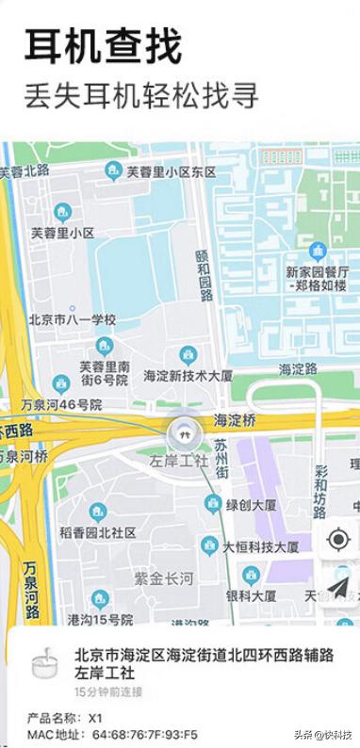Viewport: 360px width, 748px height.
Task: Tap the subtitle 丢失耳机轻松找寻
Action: [x=140, y=95]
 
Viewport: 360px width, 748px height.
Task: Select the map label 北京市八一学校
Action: [x=72, y=320]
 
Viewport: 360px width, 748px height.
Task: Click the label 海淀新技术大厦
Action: [x=188, y=375]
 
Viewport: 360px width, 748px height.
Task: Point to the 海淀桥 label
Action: [x=235, y=419]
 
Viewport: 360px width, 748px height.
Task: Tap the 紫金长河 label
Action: [x=165, y=577]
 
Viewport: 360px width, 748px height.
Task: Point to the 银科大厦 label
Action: [x=251, y=595]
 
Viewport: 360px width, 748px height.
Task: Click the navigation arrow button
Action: [x=337, y=587]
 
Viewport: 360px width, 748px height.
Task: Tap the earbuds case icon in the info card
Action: [x=41, y=663]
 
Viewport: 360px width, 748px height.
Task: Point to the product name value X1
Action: [x=96, y=717]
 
